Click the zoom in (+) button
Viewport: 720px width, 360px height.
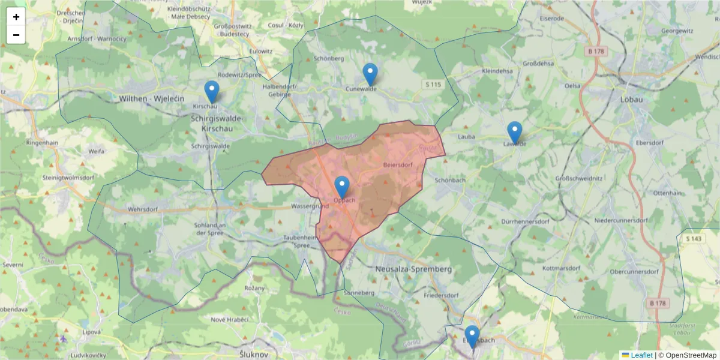(16, 17)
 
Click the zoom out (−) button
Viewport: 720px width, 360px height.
(16, 35)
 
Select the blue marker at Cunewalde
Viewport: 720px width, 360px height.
(370, 74)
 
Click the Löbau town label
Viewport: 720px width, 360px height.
(632, 100)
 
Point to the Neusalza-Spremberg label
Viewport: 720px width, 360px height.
(413, 269)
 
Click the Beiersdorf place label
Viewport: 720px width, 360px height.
(397, 164)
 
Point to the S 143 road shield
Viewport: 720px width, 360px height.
(693, 239)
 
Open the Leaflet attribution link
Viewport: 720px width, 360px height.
(641, 355)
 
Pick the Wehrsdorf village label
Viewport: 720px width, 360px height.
(142, 210)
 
